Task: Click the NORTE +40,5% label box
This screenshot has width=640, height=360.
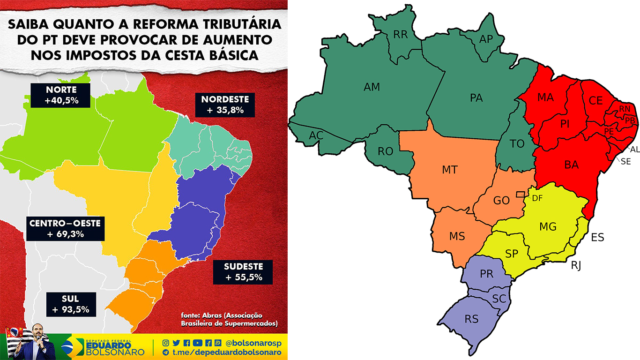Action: [x=61, y=95]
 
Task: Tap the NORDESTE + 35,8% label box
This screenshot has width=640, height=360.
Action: [x=224, y=105]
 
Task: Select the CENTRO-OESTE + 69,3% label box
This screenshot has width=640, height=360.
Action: [x=64, y=228]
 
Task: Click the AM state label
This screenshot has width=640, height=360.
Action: [x=372, y=87]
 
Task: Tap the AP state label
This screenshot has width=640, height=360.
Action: [x=486, y=39]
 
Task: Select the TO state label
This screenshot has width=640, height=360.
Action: [x=517, y=144]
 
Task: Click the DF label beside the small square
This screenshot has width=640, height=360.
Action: [x=537, y=198]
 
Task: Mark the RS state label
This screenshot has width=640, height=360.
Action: [x=472, y=319]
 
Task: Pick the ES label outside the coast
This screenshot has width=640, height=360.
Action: [x=597, y=237]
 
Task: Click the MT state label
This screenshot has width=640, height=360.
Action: [x=449, y=170]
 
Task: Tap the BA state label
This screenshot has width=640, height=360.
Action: [x=571, y=165]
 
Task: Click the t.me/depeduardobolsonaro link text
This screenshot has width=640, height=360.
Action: [x=227, y=352]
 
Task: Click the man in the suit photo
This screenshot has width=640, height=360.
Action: [x=43, y=343]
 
